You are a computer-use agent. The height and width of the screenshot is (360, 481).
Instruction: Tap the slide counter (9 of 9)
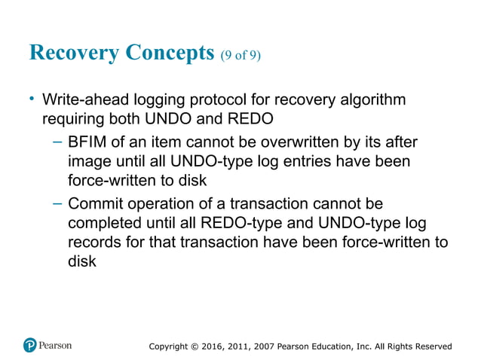241,56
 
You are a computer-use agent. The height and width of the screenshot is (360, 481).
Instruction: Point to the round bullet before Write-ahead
32,99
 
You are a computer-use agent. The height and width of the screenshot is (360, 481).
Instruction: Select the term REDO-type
255,224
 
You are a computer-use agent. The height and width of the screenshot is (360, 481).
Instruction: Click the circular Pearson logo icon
30,346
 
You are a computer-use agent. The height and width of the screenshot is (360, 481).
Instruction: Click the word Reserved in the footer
430,346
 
